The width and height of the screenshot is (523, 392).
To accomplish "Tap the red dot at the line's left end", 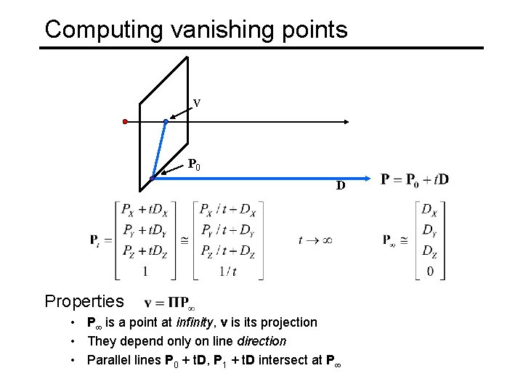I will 125,121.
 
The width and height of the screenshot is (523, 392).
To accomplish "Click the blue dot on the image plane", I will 166,122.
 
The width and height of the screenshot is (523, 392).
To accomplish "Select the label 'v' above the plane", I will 196,103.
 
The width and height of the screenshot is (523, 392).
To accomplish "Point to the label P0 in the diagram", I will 194,165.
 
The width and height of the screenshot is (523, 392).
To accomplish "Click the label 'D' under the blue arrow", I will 340,187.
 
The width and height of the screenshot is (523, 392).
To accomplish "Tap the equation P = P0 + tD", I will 415,179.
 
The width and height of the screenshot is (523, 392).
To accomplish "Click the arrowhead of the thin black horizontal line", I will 348,122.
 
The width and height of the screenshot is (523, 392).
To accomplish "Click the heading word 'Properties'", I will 84,301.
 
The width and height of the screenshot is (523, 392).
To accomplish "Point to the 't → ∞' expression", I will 315,240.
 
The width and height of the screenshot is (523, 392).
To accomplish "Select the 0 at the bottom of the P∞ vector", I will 429,271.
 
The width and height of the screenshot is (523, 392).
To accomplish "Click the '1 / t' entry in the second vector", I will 227,271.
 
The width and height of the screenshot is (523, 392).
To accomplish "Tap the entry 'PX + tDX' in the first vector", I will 146,211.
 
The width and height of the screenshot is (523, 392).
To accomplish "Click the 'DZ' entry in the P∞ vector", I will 429,251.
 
